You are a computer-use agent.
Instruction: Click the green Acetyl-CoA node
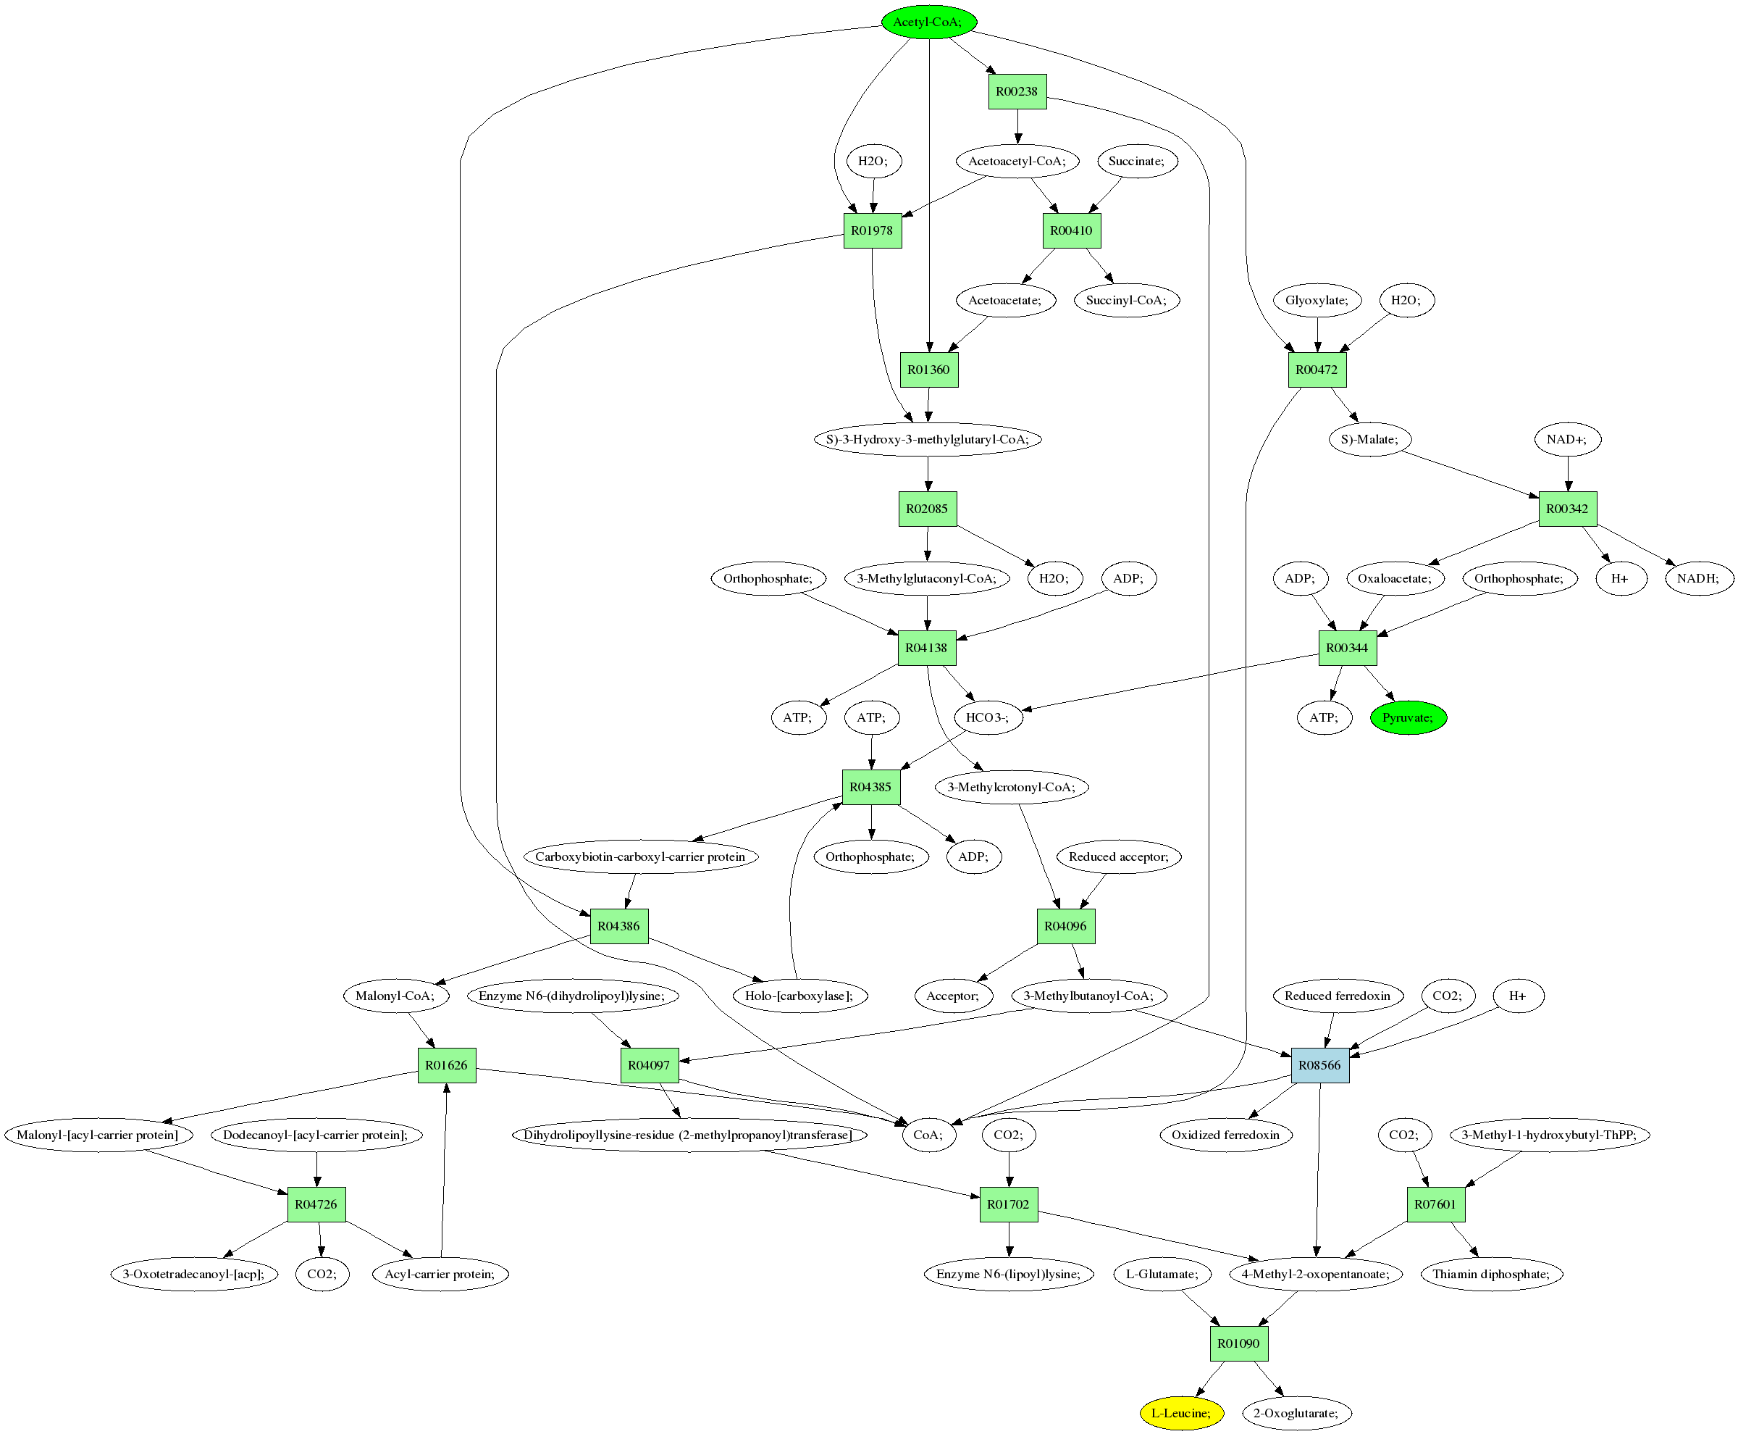(928, 22)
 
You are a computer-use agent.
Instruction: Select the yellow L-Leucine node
(1180, 1412)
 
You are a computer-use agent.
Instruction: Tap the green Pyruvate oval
(1408, 717)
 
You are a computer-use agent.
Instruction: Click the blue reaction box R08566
(1319, 1064)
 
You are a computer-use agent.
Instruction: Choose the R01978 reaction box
(872, 230)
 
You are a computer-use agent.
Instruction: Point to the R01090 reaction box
(1238, 1343)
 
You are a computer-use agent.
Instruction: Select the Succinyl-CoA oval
(1126, 300)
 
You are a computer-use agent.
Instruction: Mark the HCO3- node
(988, 717)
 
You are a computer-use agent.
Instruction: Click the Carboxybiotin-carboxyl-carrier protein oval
(640, 856)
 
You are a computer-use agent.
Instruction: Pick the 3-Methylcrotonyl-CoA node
(1012, 787)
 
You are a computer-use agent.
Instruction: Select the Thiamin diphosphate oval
(1491, 1274)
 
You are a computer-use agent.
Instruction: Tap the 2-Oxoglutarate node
(1296, 1412)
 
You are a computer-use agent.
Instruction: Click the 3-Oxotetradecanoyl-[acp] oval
(194, 1274)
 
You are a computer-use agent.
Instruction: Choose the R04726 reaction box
(316, 1204)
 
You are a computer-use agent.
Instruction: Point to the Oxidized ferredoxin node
(1225, 1135)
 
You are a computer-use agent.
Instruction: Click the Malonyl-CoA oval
(395, 996)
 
